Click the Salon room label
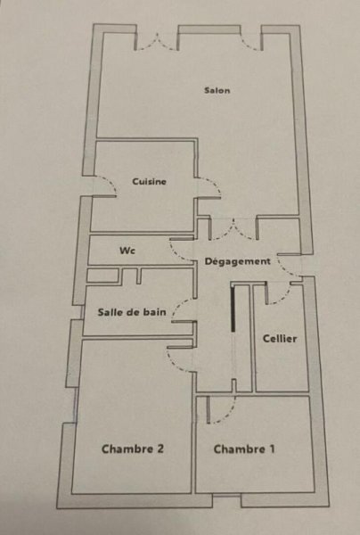[x=217, y=90]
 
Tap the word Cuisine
[x=150, y=182]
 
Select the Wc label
[x=127, y=251]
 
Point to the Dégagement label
[x=238, y=261]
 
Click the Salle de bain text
[x=132, y=312]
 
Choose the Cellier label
[x=280, y=339]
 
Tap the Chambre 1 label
[x=244, y=449]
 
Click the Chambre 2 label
[x=133, y=449]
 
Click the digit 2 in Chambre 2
[x=160, y=449]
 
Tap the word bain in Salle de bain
[x=155, y=312]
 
